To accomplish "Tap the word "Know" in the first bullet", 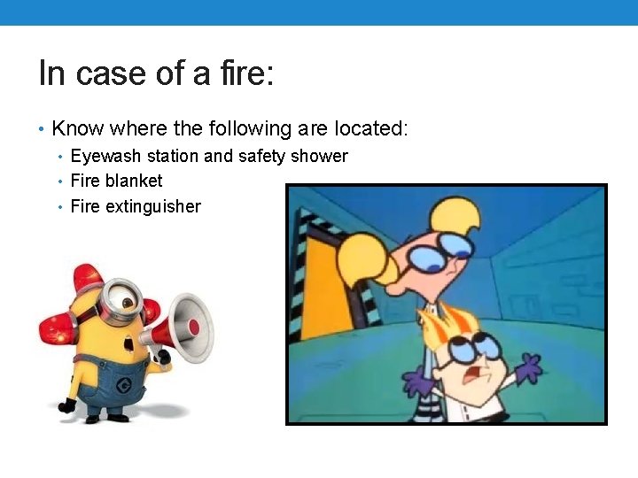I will tap(74, 129).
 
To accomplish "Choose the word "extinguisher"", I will tap(152, 207).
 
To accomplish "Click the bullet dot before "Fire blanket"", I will tap(59, 181).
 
